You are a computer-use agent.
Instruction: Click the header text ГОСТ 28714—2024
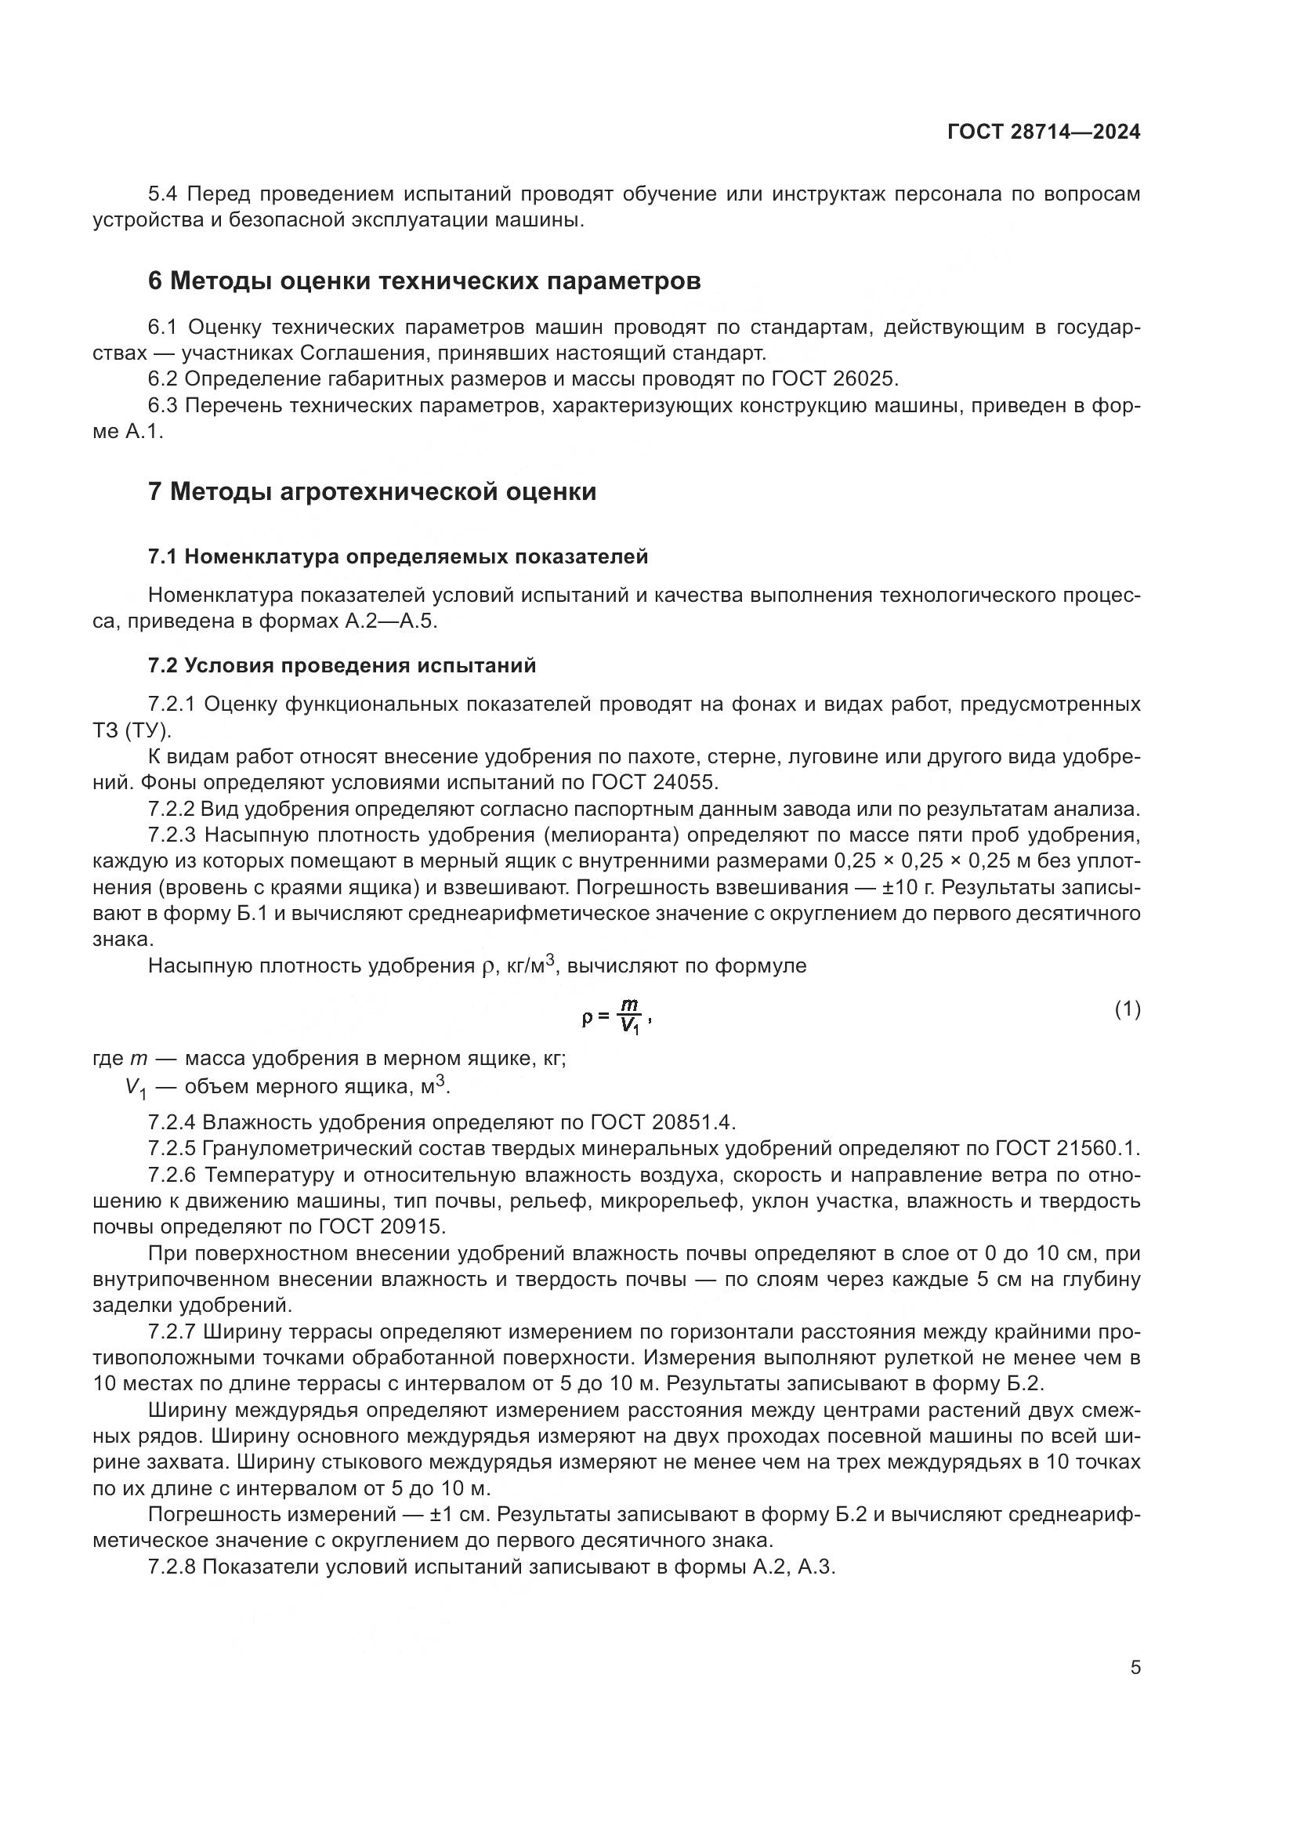[1043, 132]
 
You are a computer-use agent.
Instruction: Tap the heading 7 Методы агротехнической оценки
[372, 491]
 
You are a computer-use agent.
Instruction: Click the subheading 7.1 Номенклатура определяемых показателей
[397, 556]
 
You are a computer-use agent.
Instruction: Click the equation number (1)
[1127, 1009]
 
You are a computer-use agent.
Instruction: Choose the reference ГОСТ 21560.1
[1066, 1148]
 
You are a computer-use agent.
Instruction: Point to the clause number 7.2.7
[172, 1331]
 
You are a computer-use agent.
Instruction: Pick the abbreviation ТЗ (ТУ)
[131, 730]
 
